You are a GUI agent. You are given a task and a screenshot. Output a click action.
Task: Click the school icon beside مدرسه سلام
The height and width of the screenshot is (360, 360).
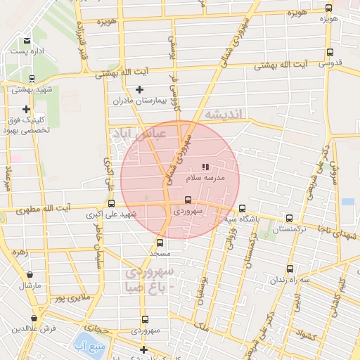[x=206, y=167]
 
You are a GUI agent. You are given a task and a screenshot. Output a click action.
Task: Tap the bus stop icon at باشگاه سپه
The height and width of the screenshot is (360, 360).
[x=243, y=208]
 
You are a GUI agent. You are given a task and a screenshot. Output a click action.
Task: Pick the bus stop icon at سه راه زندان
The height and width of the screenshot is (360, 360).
[x=290, y=269]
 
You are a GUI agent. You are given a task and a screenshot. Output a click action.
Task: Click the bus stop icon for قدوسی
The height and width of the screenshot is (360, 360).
[x=330, y=53]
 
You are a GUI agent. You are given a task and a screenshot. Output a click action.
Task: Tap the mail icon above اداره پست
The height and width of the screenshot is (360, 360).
[x=27, y=41]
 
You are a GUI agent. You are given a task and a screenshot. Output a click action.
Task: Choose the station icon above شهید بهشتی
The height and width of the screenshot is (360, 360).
[x=32, y=79]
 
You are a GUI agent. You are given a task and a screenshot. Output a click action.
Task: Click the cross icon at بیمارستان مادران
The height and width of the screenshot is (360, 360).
[x=139, y=89]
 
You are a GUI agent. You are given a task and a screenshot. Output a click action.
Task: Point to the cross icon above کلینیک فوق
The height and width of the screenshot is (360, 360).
[x=26, y=109]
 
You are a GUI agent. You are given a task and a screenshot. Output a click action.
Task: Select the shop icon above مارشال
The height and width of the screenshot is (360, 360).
[x=30, y=275]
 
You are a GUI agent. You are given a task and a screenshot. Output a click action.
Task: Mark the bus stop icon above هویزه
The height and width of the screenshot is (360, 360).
[x=329, y=8]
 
